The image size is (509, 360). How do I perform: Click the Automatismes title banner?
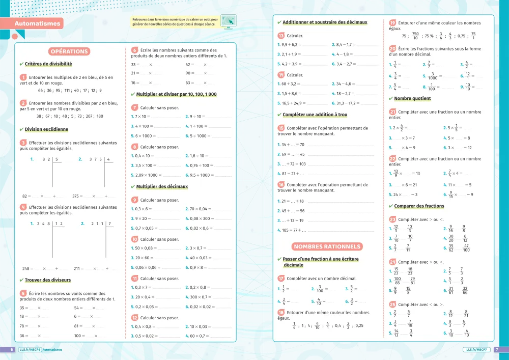tap(37, 23)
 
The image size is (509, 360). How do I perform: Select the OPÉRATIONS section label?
tap(70, 51)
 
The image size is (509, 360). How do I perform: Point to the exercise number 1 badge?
tap(23, 77)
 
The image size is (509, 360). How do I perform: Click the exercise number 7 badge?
tap(134, 107)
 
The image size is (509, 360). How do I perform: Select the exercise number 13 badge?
tap(281, 36)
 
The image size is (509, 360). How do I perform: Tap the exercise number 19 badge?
tap(392, 23)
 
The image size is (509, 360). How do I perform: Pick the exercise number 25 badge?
tap(392, 304)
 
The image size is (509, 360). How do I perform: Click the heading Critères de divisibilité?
tap(48, 64)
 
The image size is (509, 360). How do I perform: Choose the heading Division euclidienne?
tap(46, 129)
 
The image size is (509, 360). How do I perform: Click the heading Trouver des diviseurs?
tap(48, 280)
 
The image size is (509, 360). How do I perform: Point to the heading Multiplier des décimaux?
tap(162, 186)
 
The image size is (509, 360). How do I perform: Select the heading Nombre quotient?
tap(412, 98)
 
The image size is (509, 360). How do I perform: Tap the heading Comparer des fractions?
tap(419, 206)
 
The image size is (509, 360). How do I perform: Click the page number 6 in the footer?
tap(11, 350)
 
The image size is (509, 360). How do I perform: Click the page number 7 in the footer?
tap(497, 350)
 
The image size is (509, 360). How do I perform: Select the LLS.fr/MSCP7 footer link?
tap(476, 350)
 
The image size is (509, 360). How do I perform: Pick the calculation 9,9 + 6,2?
tap(290, 45)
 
